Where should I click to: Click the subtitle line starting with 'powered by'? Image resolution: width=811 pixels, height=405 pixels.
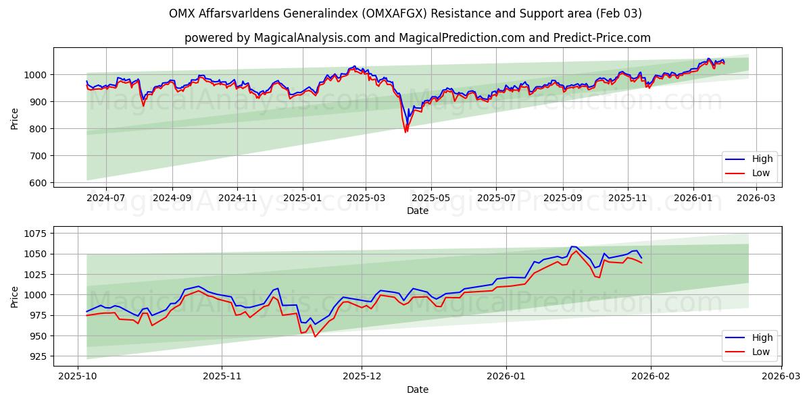pos(417,38)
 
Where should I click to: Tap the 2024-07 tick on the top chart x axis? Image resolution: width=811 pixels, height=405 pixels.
pos(106,198)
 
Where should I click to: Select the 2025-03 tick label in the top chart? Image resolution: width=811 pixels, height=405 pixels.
pos(366,198)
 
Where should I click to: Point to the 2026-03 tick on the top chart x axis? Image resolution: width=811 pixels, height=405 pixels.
pos(756,198)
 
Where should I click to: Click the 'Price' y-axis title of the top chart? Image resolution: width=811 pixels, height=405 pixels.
pos(15,117)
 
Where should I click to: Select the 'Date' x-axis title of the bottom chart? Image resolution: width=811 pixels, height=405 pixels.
pos(417,389)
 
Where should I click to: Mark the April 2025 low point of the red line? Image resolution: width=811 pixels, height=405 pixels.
pos(405,132)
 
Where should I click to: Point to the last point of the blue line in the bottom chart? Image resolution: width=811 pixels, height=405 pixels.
pos(641,257)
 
